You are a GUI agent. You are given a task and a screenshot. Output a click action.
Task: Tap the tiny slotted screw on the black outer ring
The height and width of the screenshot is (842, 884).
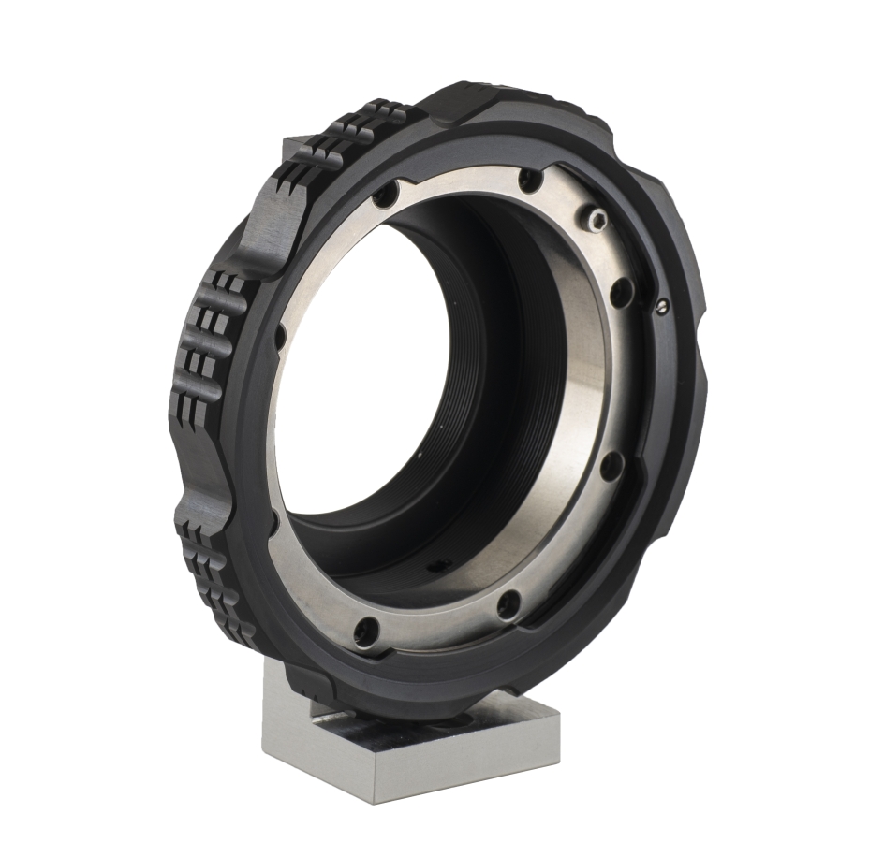[663, 303]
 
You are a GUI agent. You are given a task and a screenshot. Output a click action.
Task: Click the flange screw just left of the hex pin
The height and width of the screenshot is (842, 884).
[531, 179]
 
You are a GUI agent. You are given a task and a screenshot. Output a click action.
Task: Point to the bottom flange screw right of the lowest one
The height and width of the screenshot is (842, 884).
[509, 604]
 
